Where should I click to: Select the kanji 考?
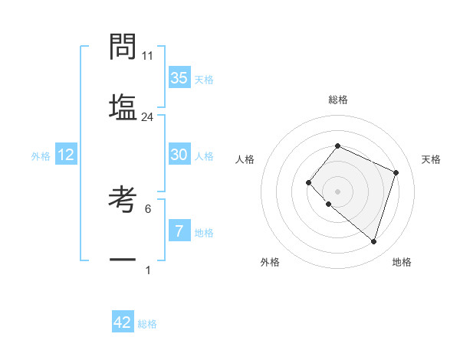pos(123,199)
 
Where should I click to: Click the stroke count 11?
pos(148,57)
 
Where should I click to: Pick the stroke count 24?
pos(148,117)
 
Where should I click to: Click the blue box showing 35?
pos(179,78)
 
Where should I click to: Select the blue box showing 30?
pos(179,155)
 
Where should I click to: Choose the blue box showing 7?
pos(179,231)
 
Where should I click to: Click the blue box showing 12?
pos(66,155)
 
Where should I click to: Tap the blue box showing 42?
pos(123,322)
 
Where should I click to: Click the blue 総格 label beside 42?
pos(147,324)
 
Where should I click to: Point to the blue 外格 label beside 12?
pos(41,156)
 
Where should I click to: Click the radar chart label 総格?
pos(338,100)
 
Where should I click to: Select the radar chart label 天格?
pos(431,159)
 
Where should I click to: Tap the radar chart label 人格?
pos(245,159)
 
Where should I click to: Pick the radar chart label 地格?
pos(402,262)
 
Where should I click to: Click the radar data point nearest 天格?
pos(396,172)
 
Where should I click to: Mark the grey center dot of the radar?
pos(337,191)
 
